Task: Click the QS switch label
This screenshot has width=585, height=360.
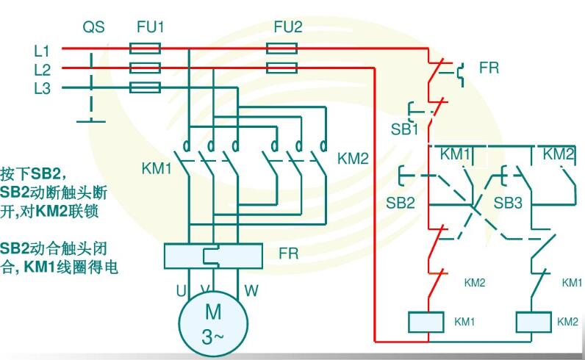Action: tap(93, 27)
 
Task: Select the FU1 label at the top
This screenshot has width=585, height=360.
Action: tap(150, 27)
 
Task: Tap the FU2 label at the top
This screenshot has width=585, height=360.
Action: tap(287, 27)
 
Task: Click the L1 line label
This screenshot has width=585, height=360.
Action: tap(42, 51)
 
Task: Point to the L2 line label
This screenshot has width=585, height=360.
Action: tap(42, 70)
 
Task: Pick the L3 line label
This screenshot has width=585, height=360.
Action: tap(42, 88)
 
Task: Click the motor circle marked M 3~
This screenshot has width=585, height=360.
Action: tap(213, 321)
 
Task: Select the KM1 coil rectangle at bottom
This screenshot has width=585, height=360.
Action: tap(427, 322)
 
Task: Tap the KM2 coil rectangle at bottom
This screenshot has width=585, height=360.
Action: tap(534, 322)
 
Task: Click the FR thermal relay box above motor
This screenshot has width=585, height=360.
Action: tap(213, 255)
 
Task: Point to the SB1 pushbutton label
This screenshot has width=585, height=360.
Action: tap(404, 129)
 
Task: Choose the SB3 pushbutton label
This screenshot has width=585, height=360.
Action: tap(508, 202)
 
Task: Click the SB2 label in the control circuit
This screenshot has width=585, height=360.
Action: tap(401, 202)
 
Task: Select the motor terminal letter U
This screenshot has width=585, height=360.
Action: tap(181, 290)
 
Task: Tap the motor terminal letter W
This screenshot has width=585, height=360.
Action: tap(251, 290)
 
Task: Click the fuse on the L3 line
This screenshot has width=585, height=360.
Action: tap(145, 87)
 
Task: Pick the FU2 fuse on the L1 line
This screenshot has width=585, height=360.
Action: tap(281, 49)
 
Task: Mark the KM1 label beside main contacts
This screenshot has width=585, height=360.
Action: tap(157, 168)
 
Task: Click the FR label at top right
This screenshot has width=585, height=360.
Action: tap(489, 68)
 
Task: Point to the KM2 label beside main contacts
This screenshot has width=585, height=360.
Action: tap(352, 158)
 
